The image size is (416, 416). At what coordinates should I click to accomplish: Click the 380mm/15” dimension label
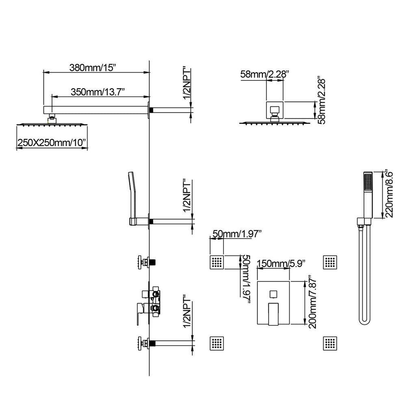click(93, 68)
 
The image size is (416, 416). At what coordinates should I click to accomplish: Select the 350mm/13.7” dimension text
click(97, 92)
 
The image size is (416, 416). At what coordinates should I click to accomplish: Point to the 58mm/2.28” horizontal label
click(264, 74)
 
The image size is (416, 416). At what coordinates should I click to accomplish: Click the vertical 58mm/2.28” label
click(321, 101)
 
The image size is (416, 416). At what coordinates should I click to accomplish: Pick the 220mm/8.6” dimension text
click(388, 194)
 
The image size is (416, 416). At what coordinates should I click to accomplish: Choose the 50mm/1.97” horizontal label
click(237, 234)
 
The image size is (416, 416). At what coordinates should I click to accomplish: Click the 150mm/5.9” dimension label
click(281, 263)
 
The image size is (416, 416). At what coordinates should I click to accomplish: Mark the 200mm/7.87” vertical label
click(312, 303)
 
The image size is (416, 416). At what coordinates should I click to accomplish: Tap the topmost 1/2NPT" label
click(187, 84)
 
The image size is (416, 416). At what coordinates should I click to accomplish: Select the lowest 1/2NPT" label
click(187, 314)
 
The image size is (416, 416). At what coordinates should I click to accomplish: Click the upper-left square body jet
click(217, 262)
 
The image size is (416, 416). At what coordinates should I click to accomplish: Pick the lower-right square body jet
click(330, 343)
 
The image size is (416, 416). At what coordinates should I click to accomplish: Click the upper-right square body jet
click(330, 262)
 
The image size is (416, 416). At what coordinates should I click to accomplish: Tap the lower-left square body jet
click(217, 343)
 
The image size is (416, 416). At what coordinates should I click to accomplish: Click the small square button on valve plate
click(273, 294)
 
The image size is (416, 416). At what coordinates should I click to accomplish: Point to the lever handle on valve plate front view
click(273, 314)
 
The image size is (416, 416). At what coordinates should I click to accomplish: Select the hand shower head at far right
click(368, 195)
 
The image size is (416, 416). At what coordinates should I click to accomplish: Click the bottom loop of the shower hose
click(364, 322)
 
